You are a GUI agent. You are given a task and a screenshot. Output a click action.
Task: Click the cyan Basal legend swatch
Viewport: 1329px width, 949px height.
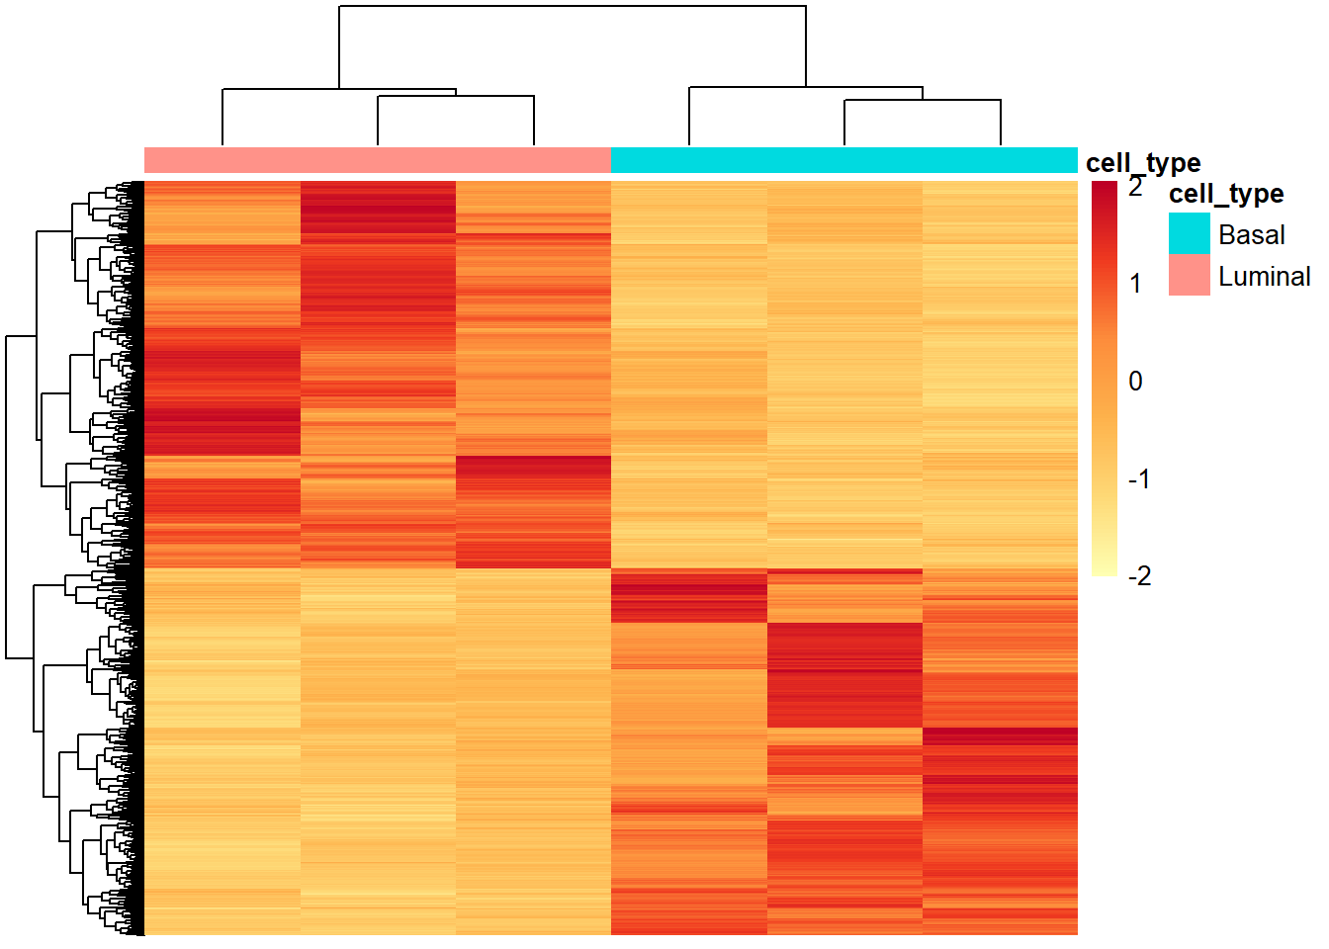tap(1189, 234)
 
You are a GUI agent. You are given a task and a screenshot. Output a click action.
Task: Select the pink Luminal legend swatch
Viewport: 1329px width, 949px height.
tap(1189, 276)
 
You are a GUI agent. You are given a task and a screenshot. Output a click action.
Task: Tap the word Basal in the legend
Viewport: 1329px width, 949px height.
tap(1252, 235)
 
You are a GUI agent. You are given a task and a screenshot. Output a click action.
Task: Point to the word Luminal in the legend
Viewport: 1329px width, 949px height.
tap(1264, 277)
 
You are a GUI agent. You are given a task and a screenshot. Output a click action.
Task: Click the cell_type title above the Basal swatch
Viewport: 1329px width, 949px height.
tap(1226, 194)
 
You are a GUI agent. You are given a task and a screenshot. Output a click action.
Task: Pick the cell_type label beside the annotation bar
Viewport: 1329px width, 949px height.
tap(1143, 162)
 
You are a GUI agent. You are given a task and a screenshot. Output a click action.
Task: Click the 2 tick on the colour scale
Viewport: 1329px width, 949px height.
tap(1136, 186)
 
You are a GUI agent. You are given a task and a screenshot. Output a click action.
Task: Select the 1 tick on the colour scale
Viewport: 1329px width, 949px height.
tap(1136, 284)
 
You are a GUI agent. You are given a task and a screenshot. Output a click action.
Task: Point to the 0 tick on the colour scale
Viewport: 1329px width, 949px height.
tap(1136, 382)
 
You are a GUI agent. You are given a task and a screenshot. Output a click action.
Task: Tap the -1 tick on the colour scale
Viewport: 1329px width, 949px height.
tap(1139, 479)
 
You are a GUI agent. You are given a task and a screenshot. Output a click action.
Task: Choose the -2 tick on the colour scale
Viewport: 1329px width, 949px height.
tap(1139, 576)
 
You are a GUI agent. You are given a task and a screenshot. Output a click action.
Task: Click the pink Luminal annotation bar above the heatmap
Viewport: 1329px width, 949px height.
tap(377, 160)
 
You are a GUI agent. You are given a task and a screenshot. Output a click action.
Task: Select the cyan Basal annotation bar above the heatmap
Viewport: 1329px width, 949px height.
tap(843, 160)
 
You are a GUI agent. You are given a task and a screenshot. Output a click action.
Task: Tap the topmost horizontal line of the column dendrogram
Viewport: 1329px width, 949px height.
tap(572, 7)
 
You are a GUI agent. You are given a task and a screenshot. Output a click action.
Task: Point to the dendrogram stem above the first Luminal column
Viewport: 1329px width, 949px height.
tap(222, 119)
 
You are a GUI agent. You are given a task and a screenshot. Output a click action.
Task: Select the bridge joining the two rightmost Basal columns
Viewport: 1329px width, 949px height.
tap(922, 101)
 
